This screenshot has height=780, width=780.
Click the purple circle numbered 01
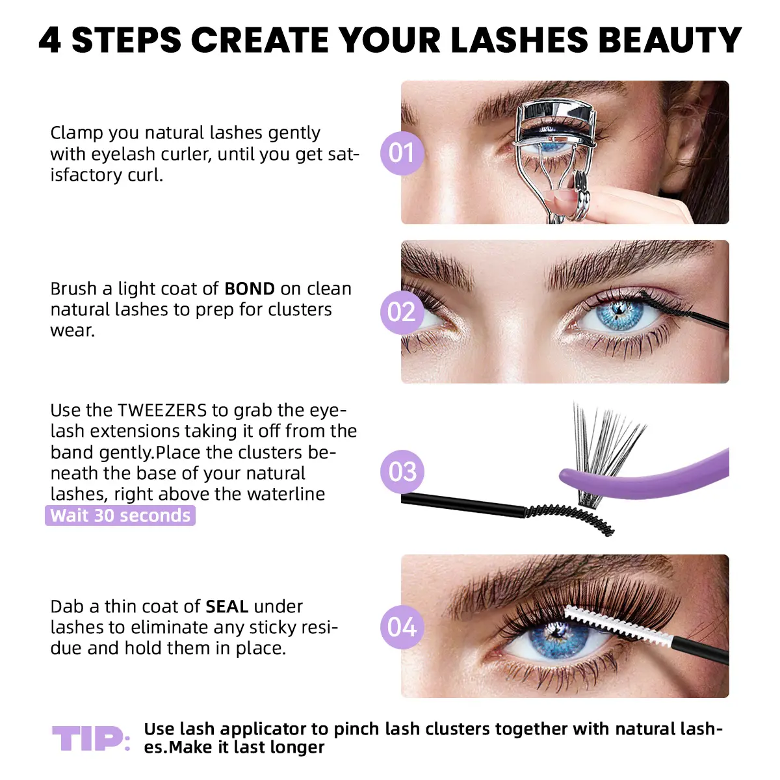click(402, 153)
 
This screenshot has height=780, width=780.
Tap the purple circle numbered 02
click(402, 312)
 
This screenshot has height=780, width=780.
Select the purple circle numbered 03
click(402, 471)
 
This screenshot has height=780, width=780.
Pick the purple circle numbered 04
click(402, 627)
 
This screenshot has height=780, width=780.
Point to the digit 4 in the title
click(50, 40)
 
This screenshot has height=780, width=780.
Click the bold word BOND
click(250, 289)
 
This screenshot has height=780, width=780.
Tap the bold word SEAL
click(227, 606)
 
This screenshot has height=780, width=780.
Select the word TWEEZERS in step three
click(162, 410)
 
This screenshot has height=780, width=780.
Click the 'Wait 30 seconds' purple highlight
click(120, 515)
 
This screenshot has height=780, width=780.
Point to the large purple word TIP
click(88, 738)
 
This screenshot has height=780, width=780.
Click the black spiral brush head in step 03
click(570, 518)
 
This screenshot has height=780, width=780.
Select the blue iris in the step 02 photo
click(617, 314)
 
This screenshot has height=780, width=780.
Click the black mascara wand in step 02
click(684, 310)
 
